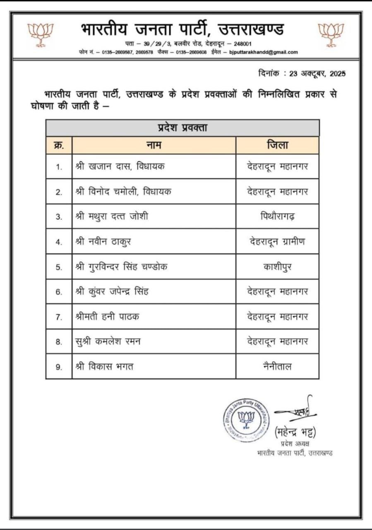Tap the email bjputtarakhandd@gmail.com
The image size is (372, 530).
tap(264, 52)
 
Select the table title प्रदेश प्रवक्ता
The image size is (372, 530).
tap(182, 128)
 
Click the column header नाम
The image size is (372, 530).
tap(154, 145)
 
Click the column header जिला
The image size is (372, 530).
tap(277, 145)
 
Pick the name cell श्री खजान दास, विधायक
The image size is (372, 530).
tap(120, 166)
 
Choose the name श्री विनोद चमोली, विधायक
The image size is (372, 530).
tap(123, 191)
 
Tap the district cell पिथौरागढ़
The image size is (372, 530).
tap(277, 217)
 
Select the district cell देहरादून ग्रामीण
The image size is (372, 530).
tap(277, 241)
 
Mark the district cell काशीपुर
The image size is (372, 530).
tap(277, 267)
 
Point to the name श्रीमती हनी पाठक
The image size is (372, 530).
tap(108, 317)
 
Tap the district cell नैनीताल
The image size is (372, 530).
tap(277, 366)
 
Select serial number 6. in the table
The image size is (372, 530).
tap(59, 292)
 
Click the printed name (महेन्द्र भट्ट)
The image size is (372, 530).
tap(295, 433)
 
